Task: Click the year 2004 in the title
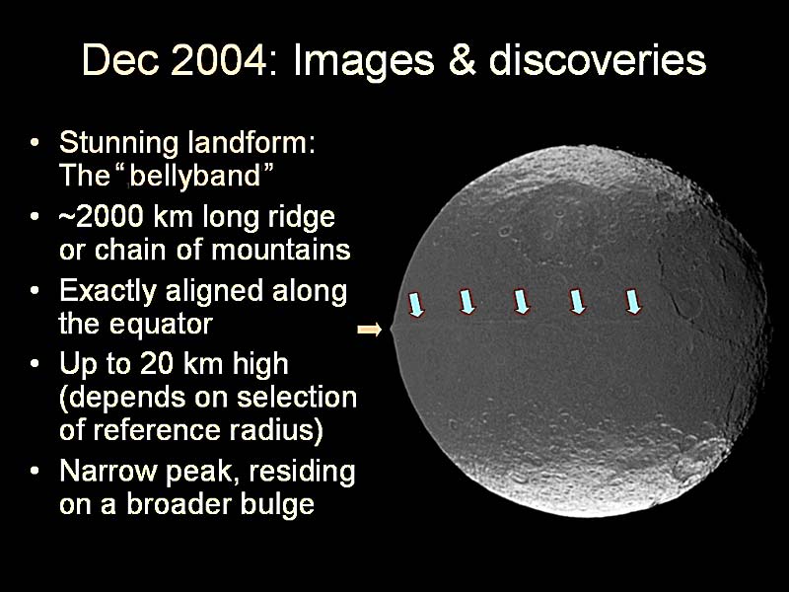(218, 60)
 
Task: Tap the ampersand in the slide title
(462, 60)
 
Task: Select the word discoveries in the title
(598, 60)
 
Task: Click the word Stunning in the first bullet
(118, 144)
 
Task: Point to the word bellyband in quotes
(195, 176)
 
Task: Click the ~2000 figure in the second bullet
(101, 217)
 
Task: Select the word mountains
(281, 250)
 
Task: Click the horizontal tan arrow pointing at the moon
(370, 330)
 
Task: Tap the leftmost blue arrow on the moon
(416, 305)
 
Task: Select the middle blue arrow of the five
(522, 302)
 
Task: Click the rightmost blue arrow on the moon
(633, 302)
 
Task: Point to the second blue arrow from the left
(466, 302)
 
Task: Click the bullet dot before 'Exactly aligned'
(34, 291)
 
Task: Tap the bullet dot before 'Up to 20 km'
(34, 363)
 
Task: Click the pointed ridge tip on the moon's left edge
(391, 330)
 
